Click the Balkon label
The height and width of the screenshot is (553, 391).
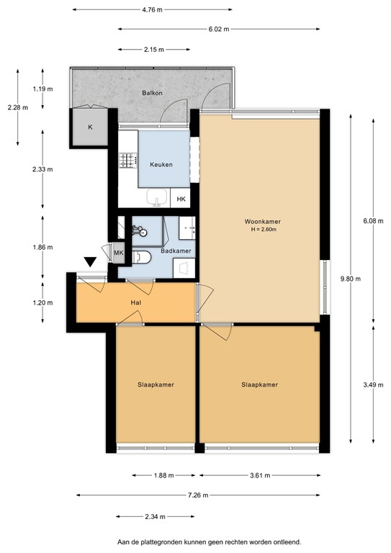[151, 94]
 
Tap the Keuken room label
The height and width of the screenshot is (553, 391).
[161, 165]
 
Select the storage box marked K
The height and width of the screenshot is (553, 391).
[90, 127]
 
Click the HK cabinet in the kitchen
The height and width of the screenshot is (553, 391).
[181, 199]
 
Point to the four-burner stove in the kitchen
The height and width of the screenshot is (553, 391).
[128, 160]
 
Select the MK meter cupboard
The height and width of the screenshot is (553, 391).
[118, 253]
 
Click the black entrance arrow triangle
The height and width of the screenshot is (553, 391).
[90, 263]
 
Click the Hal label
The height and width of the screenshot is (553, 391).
[135, 303]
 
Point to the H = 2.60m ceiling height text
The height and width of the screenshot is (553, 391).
[261, 230]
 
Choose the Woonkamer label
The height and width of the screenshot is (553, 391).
[261, 221]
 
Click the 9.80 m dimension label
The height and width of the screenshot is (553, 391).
[351, 279]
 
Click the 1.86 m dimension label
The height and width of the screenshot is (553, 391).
[43, 247]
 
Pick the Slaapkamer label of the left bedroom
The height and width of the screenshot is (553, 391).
[156, 385]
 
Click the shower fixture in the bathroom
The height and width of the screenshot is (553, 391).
[138, 231]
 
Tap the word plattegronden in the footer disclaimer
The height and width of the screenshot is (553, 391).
[171, 541]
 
